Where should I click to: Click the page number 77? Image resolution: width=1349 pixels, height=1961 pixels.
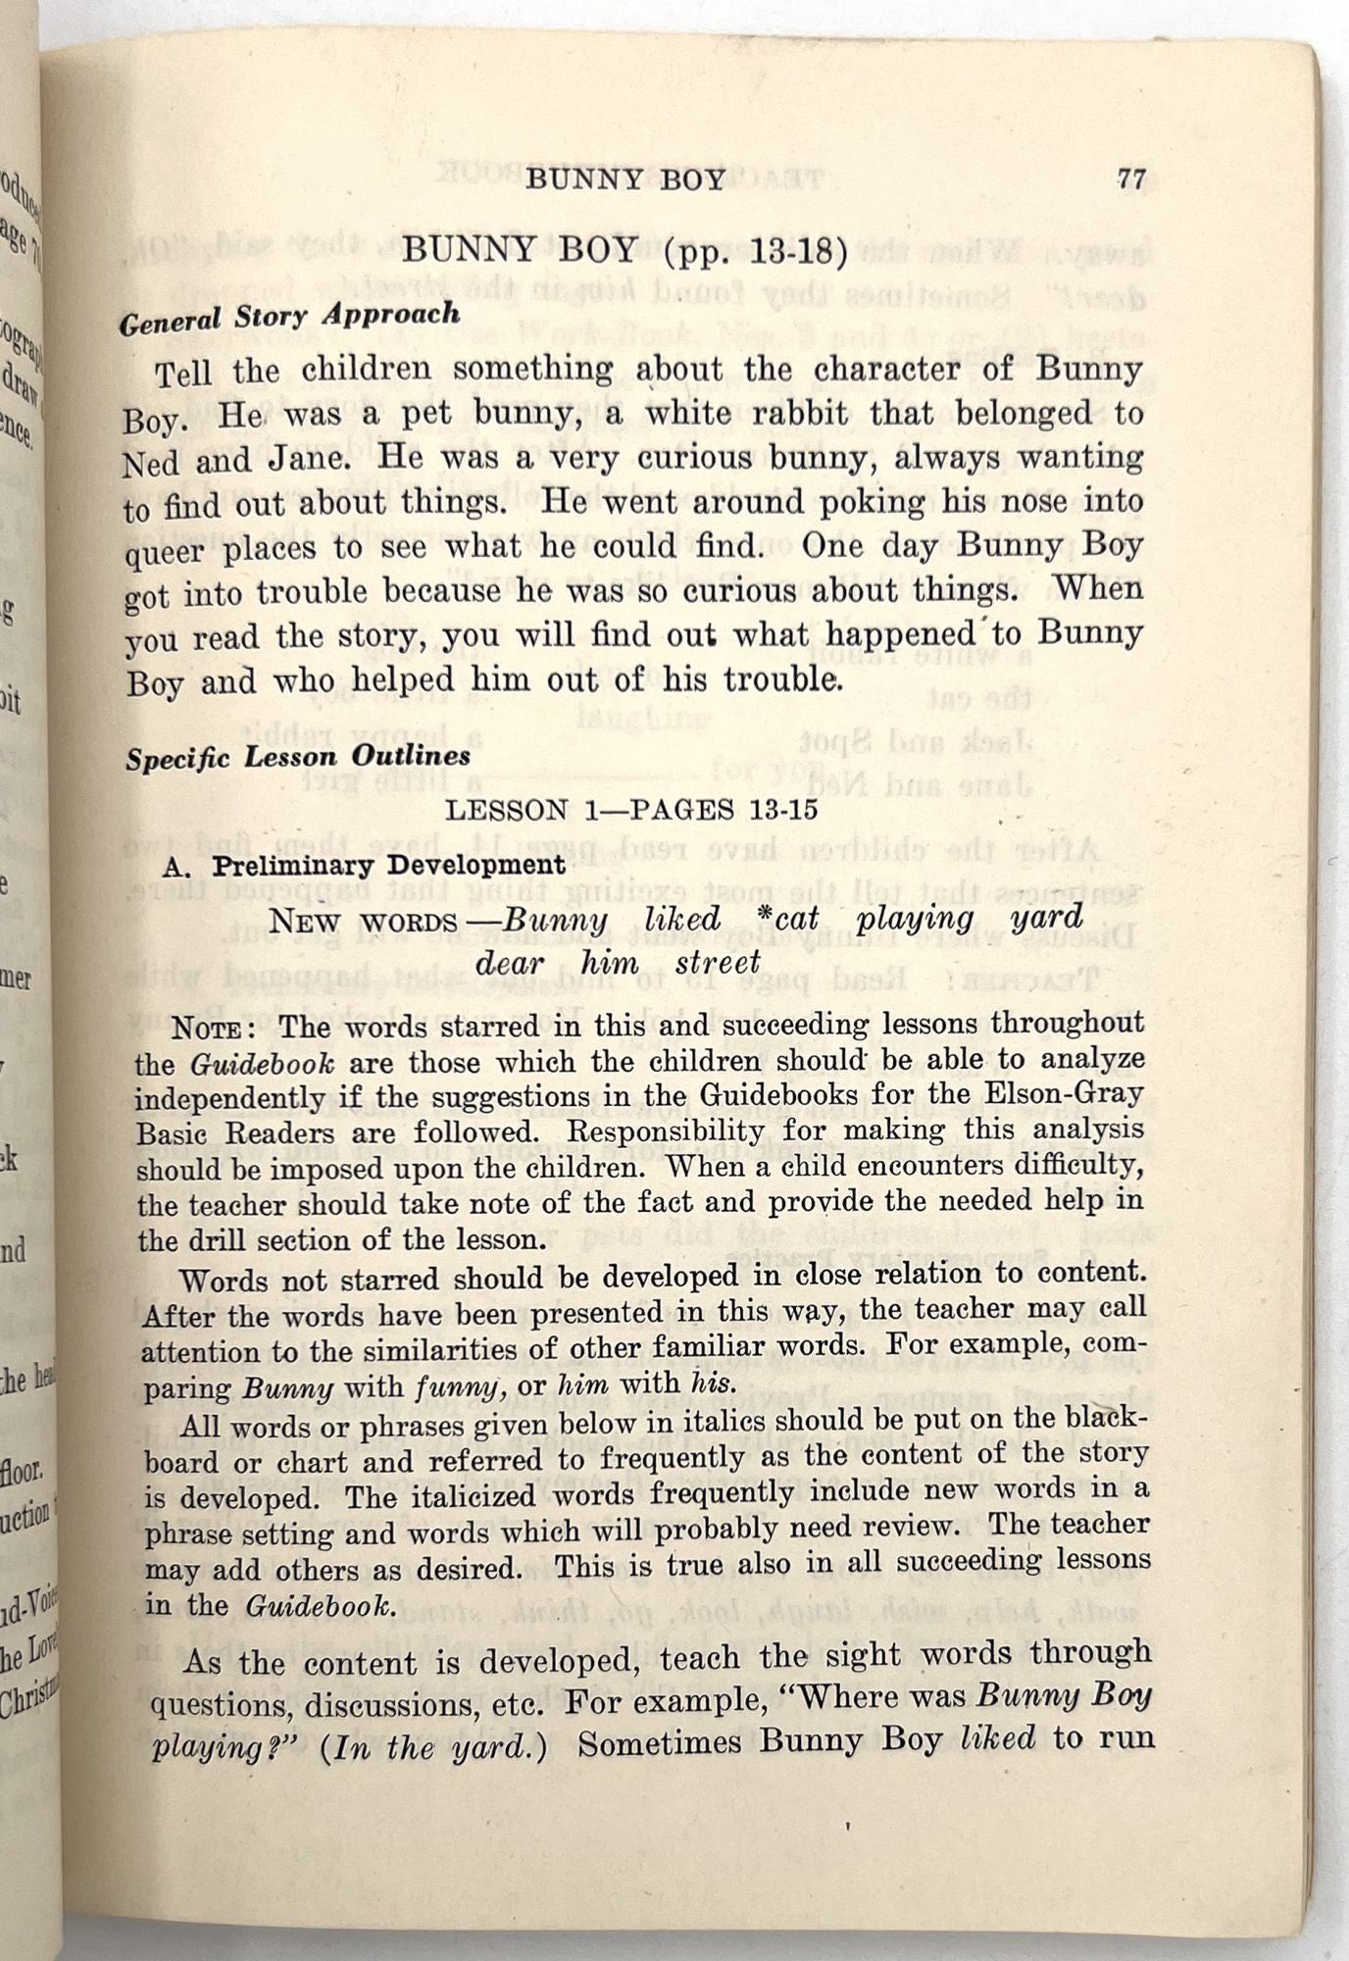tap(1130, 179)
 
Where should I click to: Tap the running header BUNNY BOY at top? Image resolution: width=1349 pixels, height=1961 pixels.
tap(625, 179)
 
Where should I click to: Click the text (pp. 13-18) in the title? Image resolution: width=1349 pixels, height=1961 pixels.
tap(755, 252)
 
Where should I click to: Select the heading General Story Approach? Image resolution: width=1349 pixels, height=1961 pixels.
tap(289, 317)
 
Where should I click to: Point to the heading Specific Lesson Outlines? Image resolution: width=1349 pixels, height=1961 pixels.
tap(297, 758)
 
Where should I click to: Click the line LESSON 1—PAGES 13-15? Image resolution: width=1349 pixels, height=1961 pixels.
tap(631, 811)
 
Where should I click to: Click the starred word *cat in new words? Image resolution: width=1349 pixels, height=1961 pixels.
tap(781, 919)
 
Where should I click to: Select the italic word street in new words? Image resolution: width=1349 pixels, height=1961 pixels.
tap(718, 963)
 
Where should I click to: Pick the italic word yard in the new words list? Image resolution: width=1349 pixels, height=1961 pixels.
tap(1046, 919)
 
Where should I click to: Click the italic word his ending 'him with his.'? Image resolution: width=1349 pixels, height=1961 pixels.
tap(715, 1383)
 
